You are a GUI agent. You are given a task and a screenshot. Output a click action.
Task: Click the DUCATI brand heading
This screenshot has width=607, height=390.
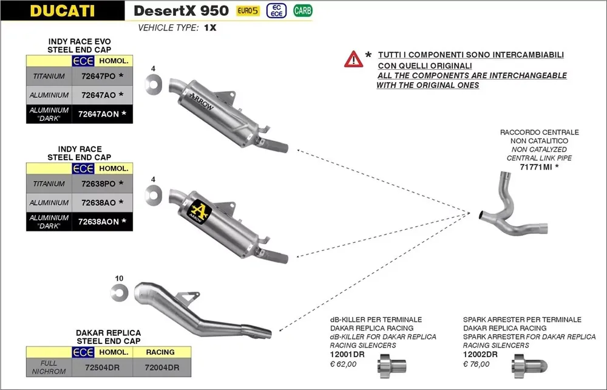pyautogui.click(x=62, y=10)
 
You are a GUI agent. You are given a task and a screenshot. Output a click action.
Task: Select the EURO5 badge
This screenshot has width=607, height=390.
pyautogui.click(x=248, y=10)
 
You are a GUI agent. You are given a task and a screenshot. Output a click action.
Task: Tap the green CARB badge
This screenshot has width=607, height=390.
pyautogui.click(x=302, y=10)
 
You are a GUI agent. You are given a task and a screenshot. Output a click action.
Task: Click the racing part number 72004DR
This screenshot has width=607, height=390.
pyautogui.click(x=161, y=368)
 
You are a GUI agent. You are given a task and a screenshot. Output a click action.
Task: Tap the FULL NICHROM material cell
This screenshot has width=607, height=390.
pyautogui.click(x=49, y=368)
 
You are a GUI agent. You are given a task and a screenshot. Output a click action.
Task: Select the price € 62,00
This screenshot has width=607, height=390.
pyautogui.click(x=343, y=364)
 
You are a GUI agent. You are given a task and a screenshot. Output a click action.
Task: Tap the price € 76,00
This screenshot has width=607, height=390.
pyautogui.click(x=476, y=364)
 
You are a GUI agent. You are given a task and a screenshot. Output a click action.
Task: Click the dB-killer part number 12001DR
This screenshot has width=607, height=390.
pyautogui.click(x=347, y=355)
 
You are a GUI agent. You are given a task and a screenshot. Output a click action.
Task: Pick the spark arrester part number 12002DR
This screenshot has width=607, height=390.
pyautogui.click(x=480, y=355)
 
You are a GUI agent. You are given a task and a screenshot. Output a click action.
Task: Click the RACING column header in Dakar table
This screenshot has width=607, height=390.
pyautogui.click(x=160, y=352)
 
